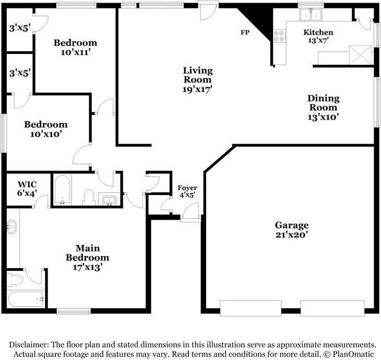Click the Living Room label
pyautogui.click(x=198, y=75)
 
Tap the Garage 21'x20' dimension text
pyautogui.click(x=292, y=235)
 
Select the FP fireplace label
pyautogui.click(x=245, y=32)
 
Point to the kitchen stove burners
pyautogui.click(x=279, y=35)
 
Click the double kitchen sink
pyautogui.click(x=311, y=15)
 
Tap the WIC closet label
pyautogui.click(x=27, y=184)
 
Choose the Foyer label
pyautogui.click(x=187, y=188)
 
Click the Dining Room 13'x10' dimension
pyautogui.click(x=323, y=117)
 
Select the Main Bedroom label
pyautogui.click(x=88, y=253)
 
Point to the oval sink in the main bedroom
pyautogui.click(x=11, y=227)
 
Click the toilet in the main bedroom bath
pyautogui.click(x=14, y=279)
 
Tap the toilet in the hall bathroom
pyautogui.click(x=89, y=197)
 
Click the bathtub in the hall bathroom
pyautogui.click(x=63, y=189)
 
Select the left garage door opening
pyautogui.click(x=251, y=308)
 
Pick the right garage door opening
pyautogui.click(x=332, y=308)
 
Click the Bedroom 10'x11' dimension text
pyautogui.click(x=76, y=52)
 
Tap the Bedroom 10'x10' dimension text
pyautogui.click(x=46, y=134)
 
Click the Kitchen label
pyautogui.click(x=318, y=32)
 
